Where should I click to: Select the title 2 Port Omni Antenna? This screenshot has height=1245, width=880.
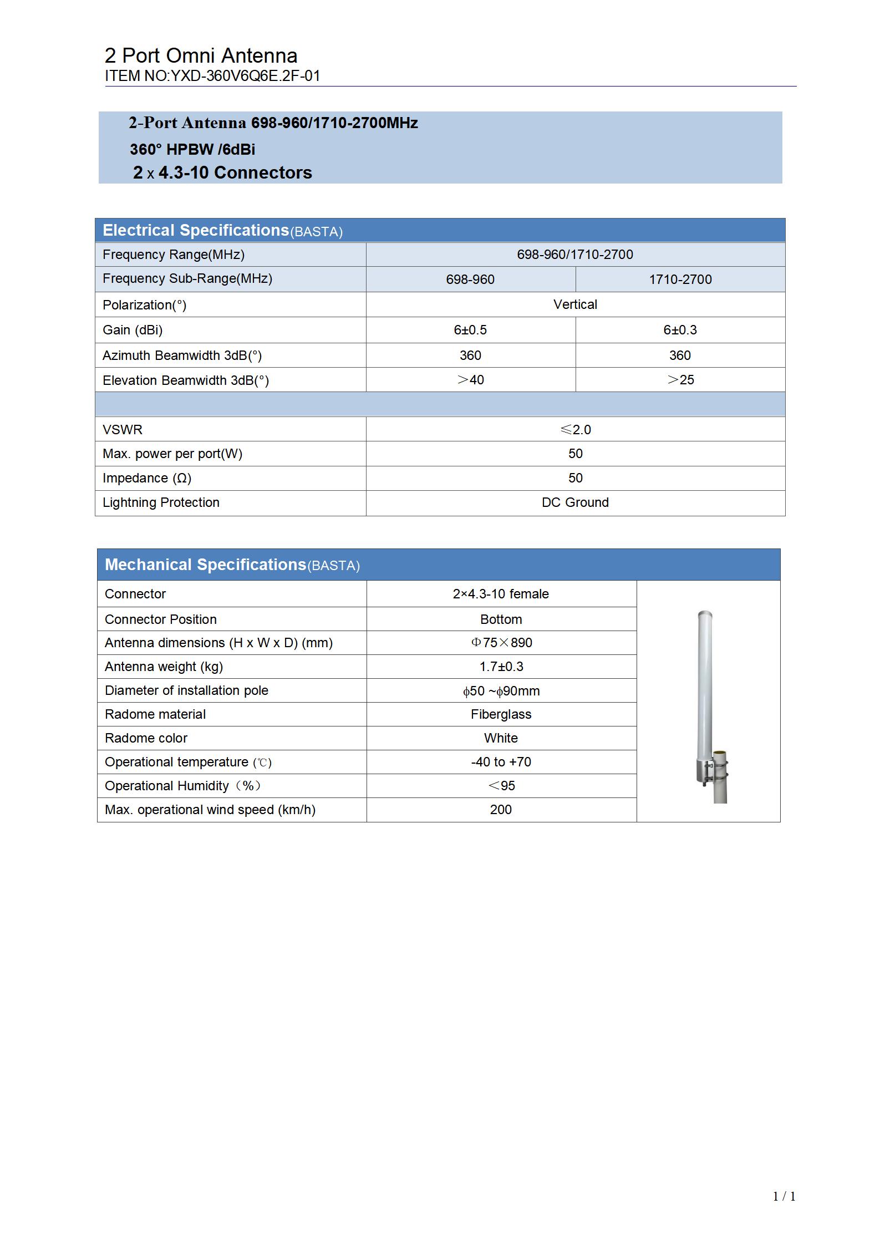[201, 55]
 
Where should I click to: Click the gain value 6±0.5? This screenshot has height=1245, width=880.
[470, 330]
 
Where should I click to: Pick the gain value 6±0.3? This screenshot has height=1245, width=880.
[680, 330]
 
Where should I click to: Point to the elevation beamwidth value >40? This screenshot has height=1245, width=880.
[470, 380]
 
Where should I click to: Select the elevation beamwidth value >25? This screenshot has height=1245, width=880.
[680, 380]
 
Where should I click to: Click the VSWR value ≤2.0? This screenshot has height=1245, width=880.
[575, 429]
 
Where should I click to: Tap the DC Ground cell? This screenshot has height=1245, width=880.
[575, 502]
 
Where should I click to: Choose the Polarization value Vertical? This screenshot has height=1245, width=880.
[575, 304]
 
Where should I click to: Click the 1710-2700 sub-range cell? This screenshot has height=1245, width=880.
[680, 280]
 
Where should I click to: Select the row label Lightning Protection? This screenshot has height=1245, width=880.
[161, 502]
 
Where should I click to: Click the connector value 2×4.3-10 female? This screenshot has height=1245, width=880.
[501, 594]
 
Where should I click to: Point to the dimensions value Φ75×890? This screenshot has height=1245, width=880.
[501, 643]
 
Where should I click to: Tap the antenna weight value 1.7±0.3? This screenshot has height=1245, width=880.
[501, 667]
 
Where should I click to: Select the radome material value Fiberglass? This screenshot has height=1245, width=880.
[501, 714]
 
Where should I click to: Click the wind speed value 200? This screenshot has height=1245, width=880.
[501, 810]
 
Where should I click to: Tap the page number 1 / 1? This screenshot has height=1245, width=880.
[784, 1196]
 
